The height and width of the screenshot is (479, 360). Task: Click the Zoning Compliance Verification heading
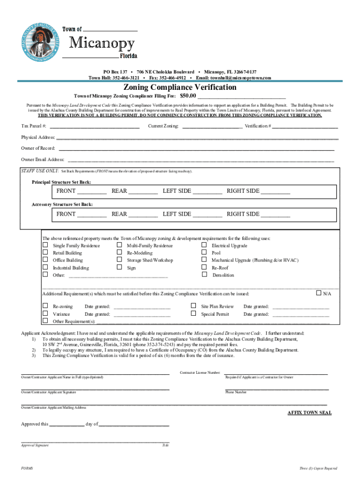(x=180, y=87)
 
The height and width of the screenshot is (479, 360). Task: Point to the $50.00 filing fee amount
(x=188, y=95)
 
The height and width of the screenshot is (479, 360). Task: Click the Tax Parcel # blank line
(x=94, y=126)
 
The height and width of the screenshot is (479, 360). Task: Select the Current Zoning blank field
(x=212, y=126)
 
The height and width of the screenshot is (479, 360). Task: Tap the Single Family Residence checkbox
(x=45, y=245)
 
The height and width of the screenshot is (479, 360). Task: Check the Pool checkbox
(x=204, y=253)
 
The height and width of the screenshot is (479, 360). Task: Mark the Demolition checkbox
(x=204, y=275)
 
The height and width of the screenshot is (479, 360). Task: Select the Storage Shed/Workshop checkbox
(x=119, y=260)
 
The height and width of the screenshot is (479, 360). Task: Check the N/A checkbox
(x=318, y=293)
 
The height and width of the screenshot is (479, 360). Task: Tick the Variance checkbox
(x=45, y=314)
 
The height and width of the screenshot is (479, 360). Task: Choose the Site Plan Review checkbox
(x=193, y=306)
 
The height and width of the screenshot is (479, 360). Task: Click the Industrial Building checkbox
(x=45, y=268)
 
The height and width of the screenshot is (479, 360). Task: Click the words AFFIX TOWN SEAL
(x=309, y=413)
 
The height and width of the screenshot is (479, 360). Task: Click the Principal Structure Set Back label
(x=61, y=181)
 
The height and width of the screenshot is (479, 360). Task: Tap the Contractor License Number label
(x=200, y=373)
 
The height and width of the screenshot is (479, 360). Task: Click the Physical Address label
(x=38, y=138)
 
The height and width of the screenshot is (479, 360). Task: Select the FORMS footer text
(x=27, y=468)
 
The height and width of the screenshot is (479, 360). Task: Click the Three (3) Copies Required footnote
(x=318, y=468)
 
